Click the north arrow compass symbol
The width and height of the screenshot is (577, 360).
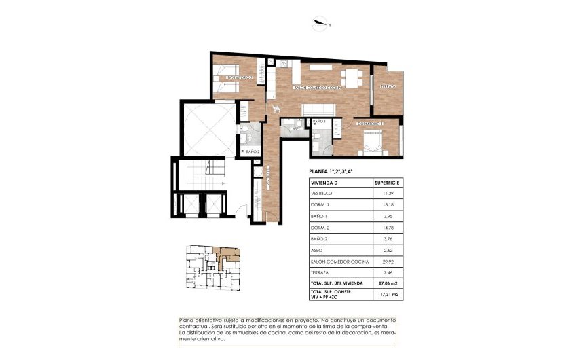[x=320, y=25]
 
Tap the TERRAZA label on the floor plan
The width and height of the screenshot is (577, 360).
[x=388, y=86]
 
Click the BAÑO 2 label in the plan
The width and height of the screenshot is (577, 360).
[x=253, y=151]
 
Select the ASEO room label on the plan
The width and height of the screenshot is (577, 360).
[x=297, y=128]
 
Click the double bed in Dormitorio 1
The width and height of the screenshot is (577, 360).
[x=374, y=143]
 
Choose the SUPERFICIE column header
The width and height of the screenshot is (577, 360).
[x=388, y=183]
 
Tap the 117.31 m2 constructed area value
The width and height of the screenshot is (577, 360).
[x=387, y=295]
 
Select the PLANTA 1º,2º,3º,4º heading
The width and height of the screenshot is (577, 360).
[x=331, y=173]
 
